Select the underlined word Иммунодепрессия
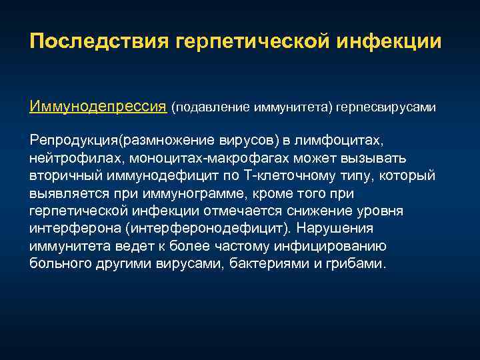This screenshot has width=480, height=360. click(x=97, y=107)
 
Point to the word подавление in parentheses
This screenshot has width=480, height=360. click(x=211, y=107)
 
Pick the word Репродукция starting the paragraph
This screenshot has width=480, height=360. click(x=73, y=141)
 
